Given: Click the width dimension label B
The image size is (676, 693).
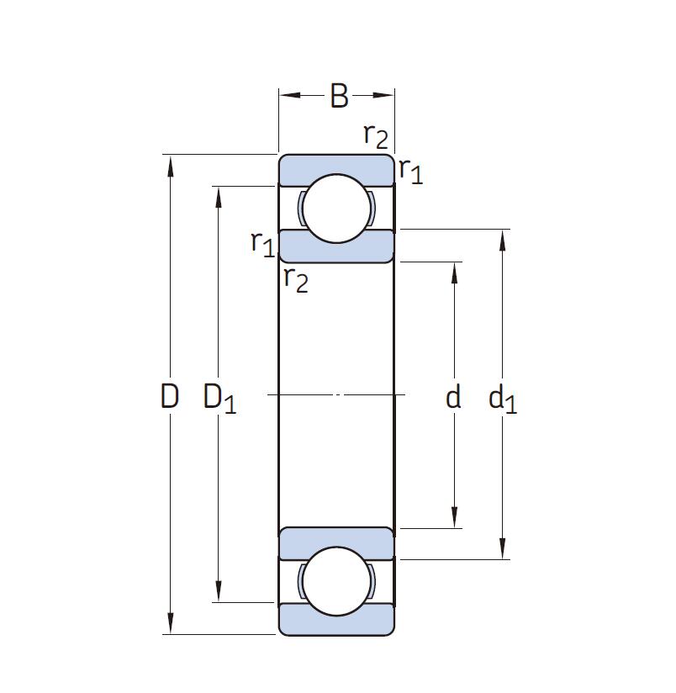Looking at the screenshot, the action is (339, 96).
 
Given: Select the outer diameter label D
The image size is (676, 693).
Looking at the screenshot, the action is (170, 396).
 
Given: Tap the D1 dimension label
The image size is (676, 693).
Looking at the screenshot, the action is (219, 398).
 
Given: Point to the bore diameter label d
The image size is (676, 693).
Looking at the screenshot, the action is (453, 396).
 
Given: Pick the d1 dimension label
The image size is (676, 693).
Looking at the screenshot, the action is (502, 398).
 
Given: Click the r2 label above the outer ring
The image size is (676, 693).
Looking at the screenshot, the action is (376, 136).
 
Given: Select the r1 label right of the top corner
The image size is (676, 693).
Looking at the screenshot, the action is (411, 171).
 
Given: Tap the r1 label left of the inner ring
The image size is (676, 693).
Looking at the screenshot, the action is (263, 244).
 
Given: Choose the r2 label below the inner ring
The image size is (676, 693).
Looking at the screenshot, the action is (296, 280).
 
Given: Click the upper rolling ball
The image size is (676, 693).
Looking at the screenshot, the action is (336, 209).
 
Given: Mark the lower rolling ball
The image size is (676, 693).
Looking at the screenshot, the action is (336, 581).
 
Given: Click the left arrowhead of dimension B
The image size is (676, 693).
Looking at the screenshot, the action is (290, 95).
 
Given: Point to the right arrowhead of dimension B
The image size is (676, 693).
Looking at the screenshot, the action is (383, 95).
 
